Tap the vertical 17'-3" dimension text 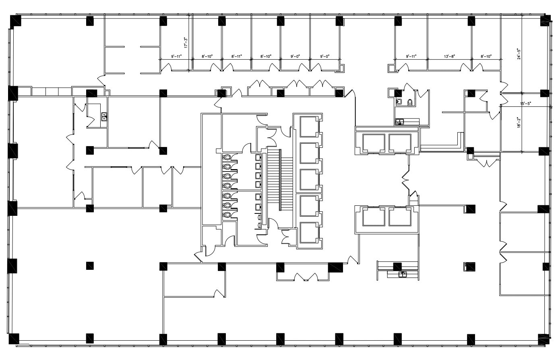[x=186, y=43]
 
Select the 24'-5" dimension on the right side [x=519, y=54]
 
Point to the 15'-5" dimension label [x=525, y=104]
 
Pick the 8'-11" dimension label [x=237, y=56]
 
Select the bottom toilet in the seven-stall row [x=227, y=215]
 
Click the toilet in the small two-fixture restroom [x=410, y=102]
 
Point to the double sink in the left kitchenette [x=104, y=117]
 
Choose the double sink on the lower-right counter [x=402, y=274]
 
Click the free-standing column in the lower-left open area [x=90, y=265]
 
